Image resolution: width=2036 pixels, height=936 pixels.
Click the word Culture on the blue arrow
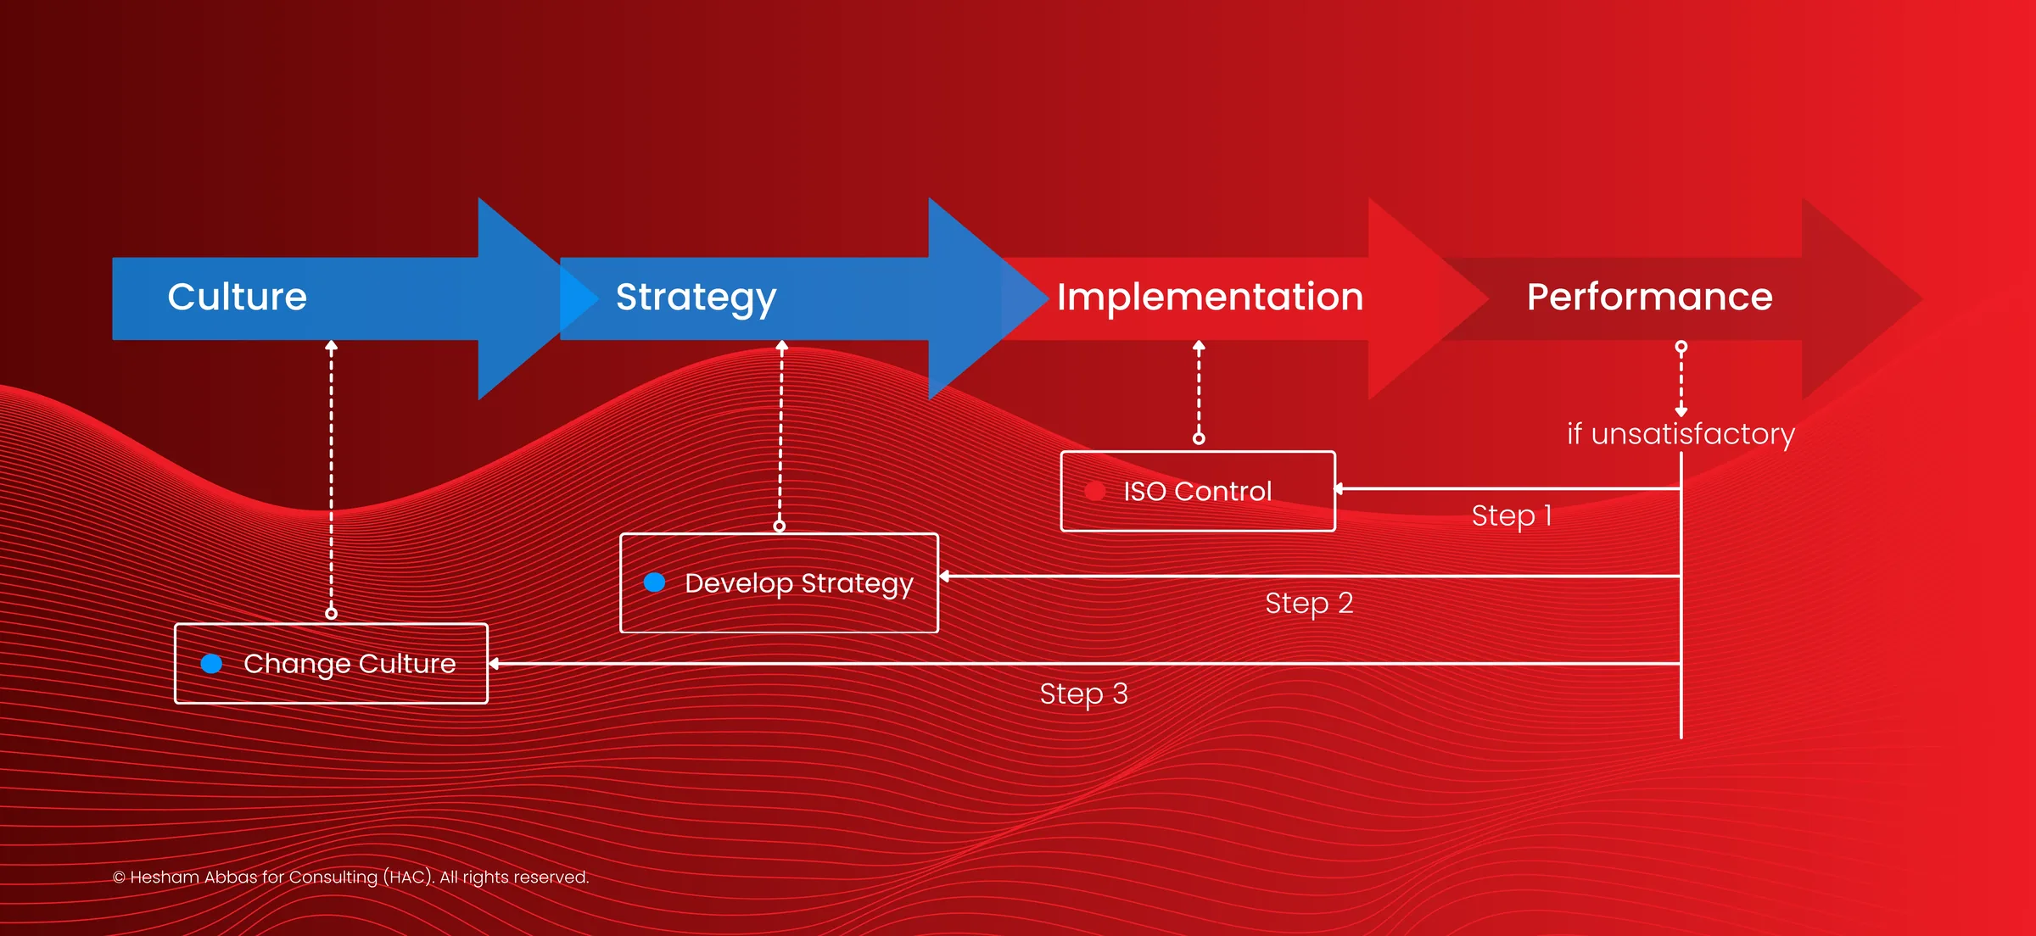click(237, 297)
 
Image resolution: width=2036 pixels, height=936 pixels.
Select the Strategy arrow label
click(696, 298)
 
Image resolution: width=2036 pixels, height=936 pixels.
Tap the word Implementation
click(1210, 297)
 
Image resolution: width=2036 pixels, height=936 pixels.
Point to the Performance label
click(1649, 297)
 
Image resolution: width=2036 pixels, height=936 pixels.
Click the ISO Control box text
click(1197, 491)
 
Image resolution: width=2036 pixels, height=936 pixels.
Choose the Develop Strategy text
click(798, 583)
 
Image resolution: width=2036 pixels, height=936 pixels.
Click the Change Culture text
click(350, 664)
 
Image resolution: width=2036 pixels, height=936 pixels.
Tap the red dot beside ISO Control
click(1094, 491)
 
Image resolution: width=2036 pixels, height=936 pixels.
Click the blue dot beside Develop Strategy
click(654, 582)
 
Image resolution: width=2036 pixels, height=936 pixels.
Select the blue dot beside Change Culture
click(211, 664)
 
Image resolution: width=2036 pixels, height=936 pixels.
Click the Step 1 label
click(1511, 515)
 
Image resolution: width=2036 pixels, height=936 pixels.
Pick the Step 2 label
click(1308, 603)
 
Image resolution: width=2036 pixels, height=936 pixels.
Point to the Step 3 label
click(1083, 694)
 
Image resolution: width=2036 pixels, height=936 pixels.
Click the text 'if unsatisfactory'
click(1680, 434)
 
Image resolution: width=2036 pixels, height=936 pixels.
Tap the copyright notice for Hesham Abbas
click(350, 877)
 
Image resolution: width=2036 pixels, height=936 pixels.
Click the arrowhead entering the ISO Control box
click(1340, 488)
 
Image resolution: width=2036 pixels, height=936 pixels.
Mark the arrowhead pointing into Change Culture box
click(494, 664)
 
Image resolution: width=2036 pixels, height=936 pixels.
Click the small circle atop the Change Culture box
click(332, 613)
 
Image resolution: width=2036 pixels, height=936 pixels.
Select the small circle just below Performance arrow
click(1681, 347)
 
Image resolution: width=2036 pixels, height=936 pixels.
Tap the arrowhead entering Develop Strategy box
click(943, 577)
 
